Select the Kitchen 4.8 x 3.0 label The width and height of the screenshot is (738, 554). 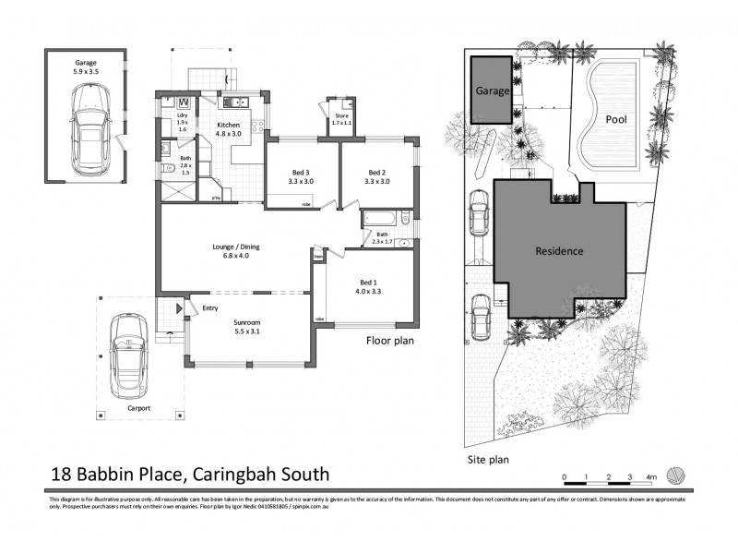(x=228, y=127)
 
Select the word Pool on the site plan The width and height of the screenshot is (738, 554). (x=617, y=119)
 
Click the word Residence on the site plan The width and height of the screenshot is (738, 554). (x=559, y=250)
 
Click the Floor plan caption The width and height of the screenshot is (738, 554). (x=389, y=341)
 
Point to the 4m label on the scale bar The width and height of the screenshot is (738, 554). (x=651, y=477)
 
